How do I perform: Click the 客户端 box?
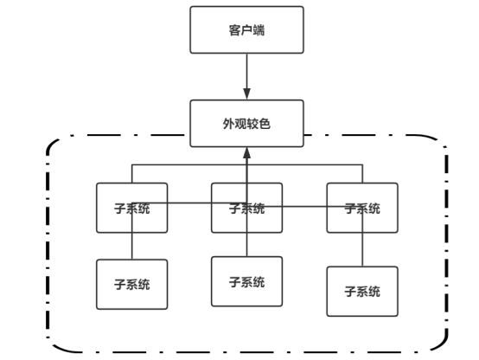pyautogui.click(x=246, y=30)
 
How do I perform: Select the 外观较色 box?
pyautogui.click(x=246, y=124)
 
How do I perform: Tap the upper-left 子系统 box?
pyautogui.click(x=132, y=208)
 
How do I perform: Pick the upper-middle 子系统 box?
pyautogui.click(x=246, y=208)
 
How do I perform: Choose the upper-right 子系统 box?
pyautogui.click(x=362, y=208)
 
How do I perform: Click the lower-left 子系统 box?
pyautogui.click(x=132, y=285)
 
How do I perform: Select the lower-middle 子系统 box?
pyautogui.click(x=246, y=281)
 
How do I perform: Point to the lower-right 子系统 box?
pyautogui.click(x=362, y=292)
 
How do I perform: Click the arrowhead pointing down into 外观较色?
pyautogui.click(x=246, y=94)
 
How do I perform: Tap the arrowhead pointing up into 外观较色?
pyautogui.click(x=246, y=153)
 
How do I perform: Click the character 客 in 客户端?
pyautogui.click(x=235, y=30)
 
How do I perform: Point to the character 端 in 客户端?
pyautogui.click(x=259, y=30)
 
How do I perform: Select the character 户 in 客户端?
pyautogui.click(x=246, y=30)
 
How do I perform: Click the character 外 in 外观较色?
pyautogui.click(x=229, y=124)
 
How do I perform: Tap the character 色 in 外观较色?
pyautogui.click(x=265, y=124)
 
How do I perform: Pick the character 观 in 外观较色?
pyautogui.click(x=240, y=124)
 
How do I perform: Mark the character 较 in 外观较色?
pyautogui.click(x=252, y=124)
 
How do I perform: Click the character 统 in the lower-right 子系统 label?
pyautogui.click(x=374, y=292)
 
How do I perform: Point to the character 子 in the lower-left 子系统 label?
pyautogui.click(x=120, y=285)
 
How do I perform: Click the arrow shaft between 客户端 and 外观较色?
pyautogui.click(x=246, y=71)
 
